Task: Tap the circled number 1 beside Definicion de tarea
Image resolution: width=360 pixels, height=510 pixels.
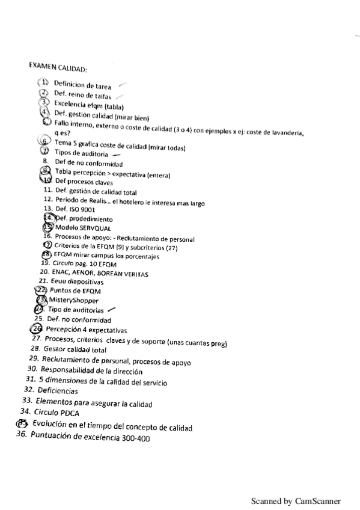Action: click(x=43, y=82)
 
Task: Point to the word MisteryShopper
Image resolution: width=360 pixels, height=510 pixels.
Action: click(x=73, y=300)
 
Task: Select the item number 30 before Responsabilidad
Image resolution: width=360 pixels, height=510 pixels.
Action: click(x=32, y=369)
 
